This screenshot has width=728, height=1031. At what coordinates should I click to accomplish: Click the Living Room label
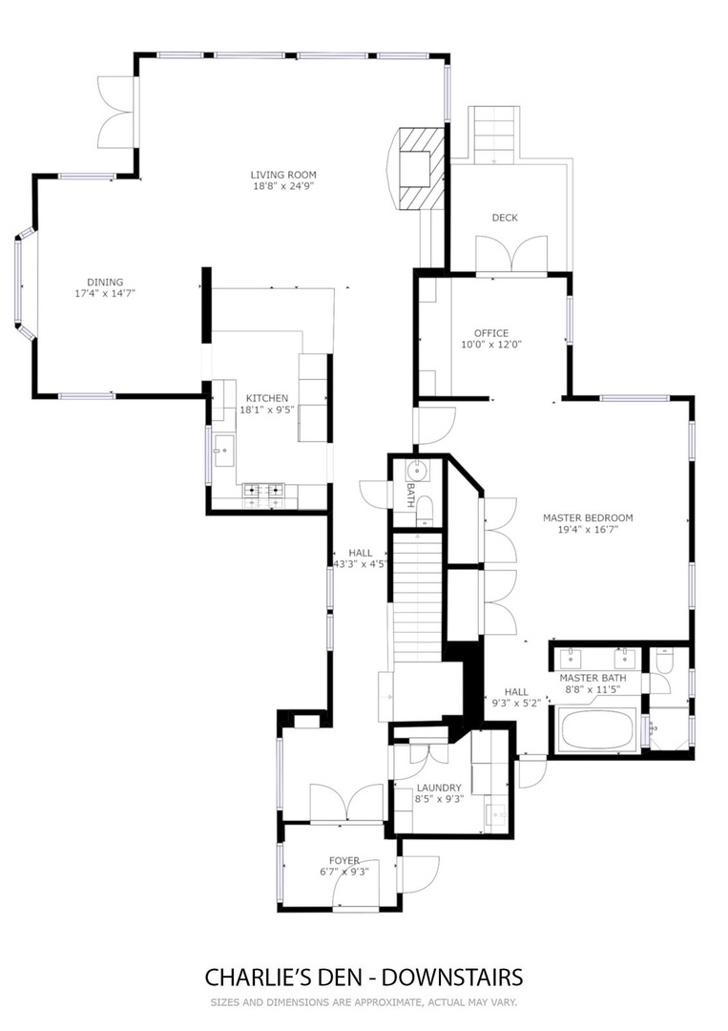pos(283,175)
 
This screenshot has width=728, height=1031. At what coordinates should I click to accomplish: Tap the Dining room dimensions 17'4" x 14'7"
pos(105,293)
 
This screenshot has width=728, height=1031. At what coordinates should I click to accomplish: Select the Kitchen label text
pos(267,398)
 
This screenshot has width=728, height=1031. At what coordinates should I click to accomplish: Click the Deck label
pos(505,217)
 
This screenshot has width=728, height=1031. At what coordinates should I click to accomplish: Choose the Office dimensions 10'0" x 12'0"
pos(491,344)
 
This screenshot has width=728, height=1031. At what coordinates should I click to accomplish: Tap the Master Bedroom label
pos(588,517)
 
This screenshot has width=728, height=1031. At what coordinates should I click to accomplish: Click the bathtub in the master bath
pos(596,730)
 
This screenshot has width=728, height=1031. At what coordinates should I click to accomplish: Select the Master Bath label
pos(593,678)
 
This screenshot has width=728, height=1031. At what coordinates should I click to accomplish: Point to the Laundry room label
pos(439,788)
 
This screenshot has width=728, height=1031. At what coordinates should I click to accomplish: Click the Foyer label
pos(344,861)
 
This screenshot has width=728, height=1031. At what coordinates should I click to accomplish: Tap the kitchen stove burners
pos(264,489)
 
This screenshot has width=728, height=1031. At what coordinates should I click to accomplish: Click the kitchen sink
pos(224,451)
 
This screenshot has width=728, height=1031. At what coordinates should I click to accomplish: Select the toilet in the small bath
pos(425,510)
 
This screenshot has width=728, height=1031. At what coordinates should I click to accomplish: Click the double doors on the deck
pos(511,253)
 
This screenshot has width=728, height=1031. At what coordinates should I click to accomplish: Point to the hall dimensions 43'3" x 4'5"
pos(360,563)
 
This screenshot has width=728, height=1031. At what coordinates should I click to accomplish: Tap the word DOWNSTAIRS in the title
pos(452,978)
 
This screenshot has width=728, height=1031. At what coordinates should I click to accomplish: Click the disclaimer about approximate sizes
pos(364,1003)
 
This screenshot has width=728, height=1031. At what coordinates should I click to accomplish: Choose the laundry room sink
pos(497,814)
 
